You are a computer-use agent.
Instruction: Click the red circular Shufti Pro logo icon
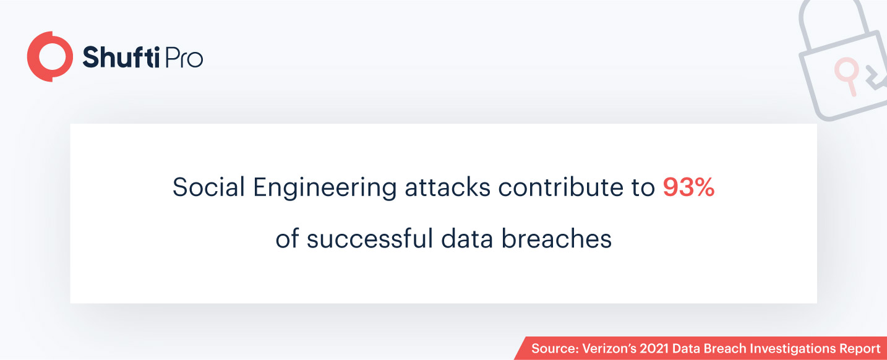pyautogui.click(x=50, y=57)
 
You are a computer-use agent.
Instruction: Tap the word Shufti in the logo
pyautogui.click(x=121, y=58)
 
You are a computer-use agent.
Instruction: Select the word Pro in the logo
pyautogui.click(x=184, y=58)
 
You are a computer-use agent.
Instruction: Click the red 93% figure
pyautogui.click(x=688, y=187)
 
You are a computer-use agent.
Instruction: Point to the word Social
pyautogui.click(x=208, y=187)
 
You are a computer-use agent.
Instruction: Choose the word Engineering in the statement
pyautogui.click(x=325, y=189)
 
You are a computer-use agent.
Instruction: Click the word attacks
pyautogui.click(x=447, y=187)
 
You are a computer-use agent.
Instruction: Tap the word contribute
pyautogui.click(x=560, y=187)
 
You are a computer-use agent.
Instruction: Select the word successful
pyautogui.click(x=370, y=238)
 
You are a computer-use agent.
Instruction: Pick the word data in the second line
pyautogui.click(x=467, y=238)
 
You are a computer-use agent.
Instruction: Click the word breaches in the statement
pyautogui.click(x=556, y=238)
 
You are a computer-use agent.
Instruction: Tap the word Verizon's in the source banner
pyautogui.click(x=609, y=349)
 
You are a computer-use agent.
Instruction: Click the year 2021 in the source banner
pyautogui.click(x=654, y=349)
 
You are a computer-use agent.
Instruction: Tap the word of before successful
pyautogui.click(x=287, y=238)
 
